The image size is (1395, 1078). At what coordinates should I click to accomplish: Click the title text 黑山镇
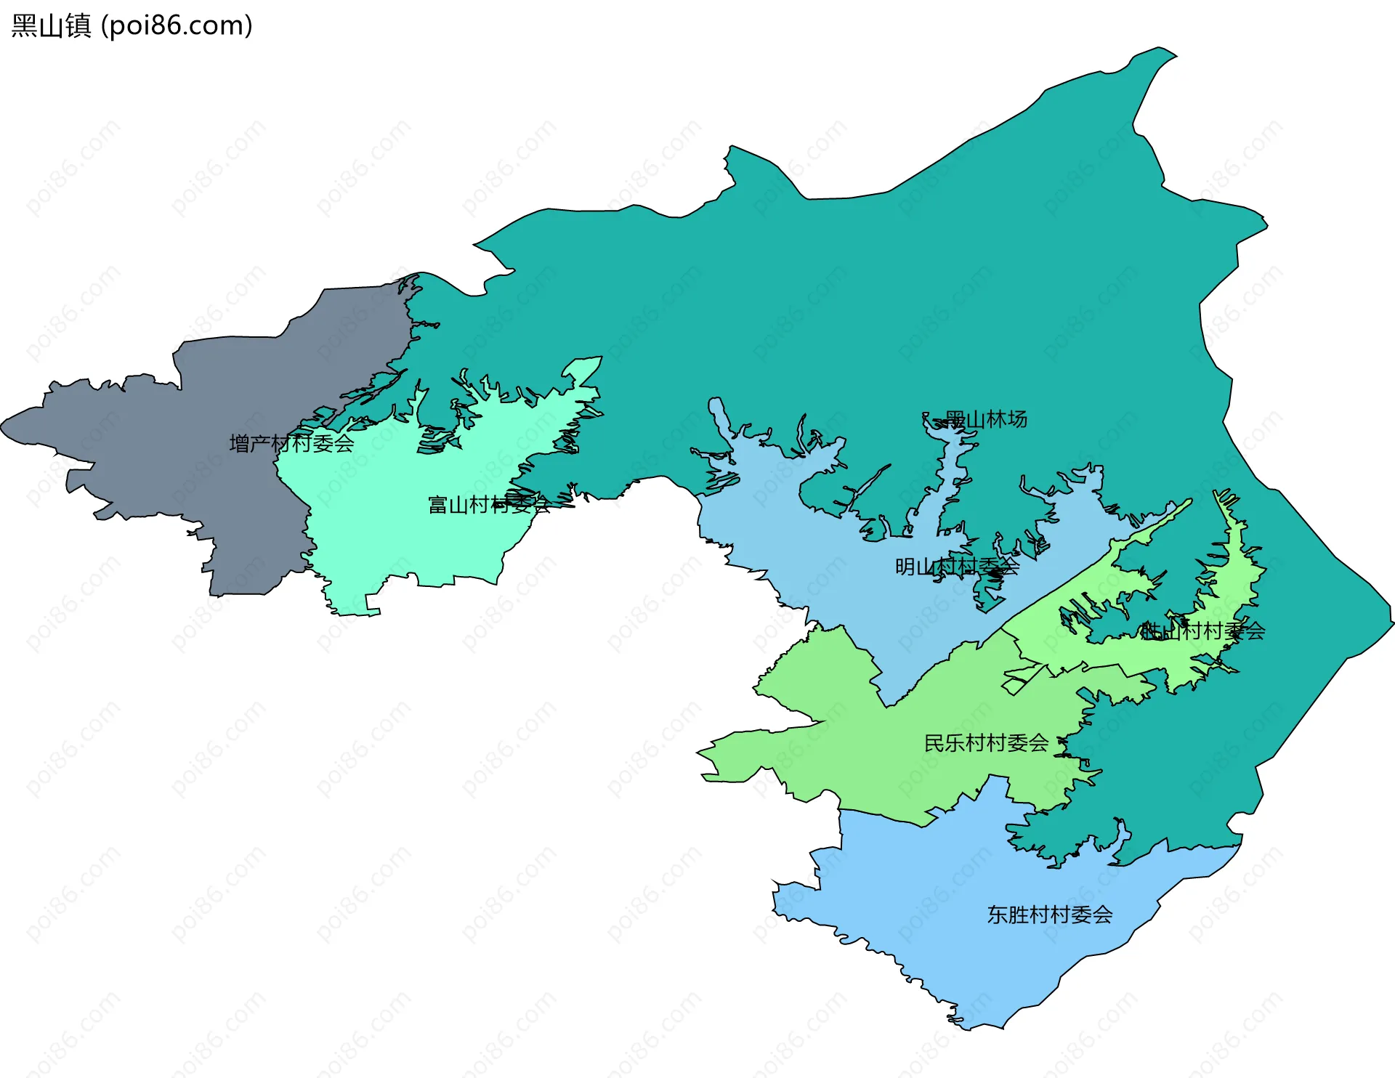point(51,25)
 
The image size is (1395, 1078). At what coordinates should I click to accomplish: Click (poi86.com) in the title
point(177,25)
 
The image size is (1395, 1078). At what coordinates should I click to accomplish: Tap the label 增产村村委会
point(291,443)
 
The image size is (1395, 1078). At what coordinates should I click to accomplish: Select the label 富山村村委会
point(489,504)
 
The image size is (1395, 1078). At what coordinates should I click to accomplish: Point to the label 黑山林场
point(985,419)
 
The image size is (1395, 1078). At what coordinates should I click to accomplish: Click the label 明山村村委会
point(957,566)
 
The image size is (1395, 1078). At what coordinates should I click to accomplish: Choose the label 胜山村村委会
point(1202,631)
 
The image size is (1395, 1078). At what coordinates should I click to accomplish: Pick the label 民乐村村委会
point(986,742)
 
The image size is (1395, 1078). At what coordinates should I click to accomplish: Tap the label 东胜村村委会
point(1049,915)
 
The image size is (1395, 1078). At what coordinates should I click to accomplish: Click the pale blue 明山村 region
point(836,552)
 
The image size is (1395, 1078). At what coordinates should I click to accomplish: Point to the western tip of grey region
point(3,424)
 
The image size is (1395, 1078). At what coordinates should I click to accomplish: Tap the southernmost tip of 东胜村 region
point(970,1029)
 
